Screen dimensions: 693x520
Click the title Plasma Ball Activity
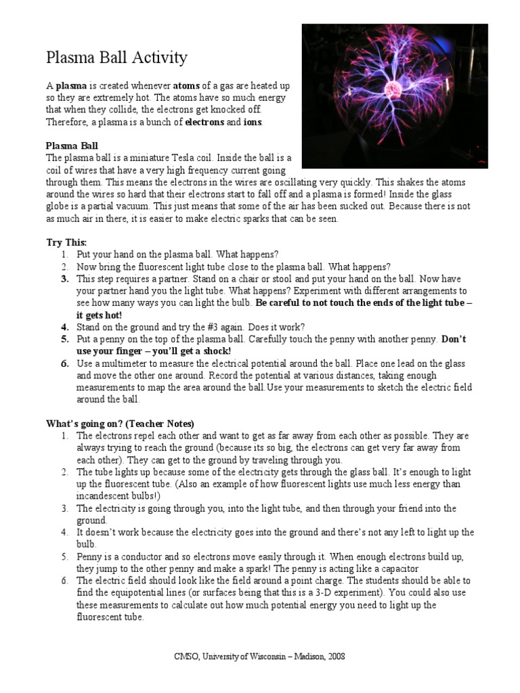tap(116, 58)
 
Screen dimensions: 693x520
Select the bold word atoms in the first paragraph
tap(188, 86)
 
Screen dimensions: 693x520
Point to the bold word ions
tap(253, 122)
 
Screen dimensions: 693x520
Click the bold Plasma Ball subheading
tap(72, 146)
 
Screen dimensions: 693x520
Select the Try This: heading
tap(66, 242)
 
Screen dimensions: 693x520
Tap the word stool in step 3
tap(263, 278)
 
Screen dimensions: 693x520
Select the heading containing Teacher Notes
tap(121, 424)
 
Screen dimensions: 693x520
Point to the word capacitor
tap(397, 569)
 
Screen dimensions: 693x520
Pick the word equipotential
tap(142, 594)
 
